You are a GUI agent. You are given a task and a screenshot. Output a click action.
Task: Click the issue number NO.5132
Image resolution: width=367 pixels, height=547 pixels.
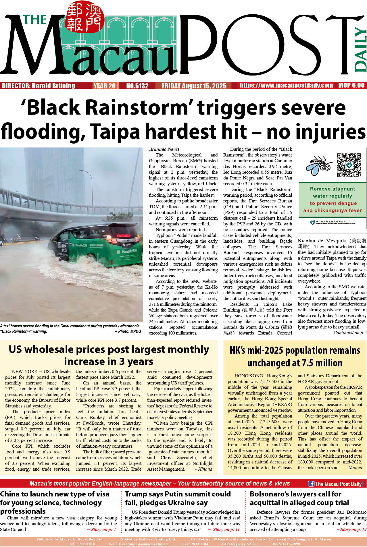[x=137, y=86]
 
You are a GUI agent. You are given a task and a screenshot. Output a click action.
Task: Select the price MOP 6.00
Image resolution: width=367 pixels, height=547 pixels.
[x=351, y=85]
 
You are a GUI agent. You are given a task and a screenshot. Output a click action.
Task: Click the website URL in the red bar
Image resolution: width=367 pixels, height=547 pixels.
[x=286, y=85]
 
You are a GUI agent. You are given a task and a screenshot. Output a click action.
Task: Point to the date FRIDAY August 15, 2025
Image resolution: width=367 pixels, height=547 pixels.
[x=194, y=86]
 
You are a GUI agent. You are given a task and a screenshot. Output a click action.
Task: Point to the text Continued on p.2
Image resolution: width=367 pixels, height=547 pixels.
[x=350, y=333]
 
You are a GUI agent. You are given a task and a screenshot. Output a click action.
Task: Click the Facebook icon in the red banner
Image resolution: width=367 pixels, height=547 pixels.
[x=311, y=484]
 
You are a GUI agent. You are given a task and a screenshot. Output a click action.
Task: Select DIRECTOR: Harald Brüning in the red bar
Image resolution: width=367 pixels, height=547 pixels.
[x=39, y=86]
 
